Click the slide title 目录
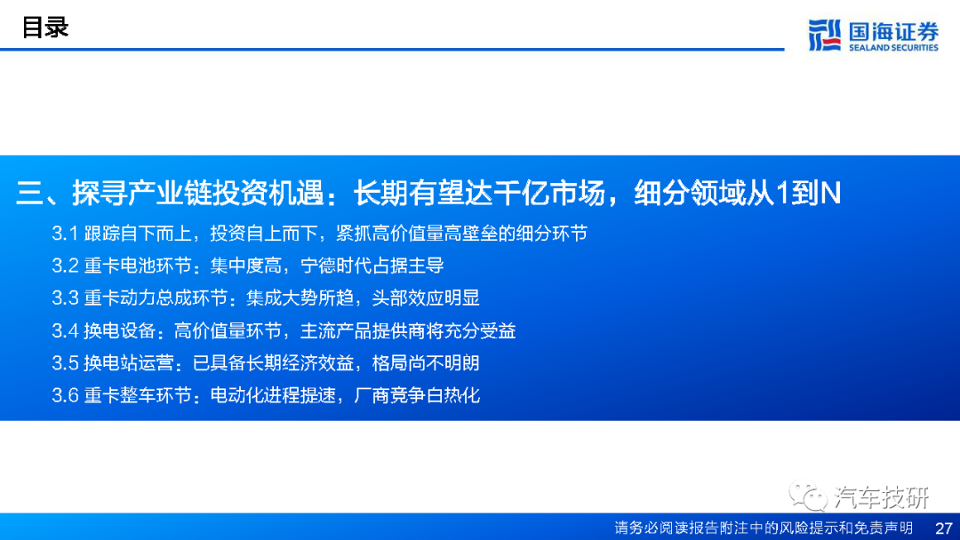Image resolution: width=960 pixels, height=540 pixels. [x=45, y=28]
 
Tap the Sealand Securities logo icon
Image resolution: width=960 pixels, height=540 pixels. [x=824, y=35]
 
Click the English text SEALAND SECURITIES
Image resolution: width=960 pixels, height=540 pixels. [x=893, y=48]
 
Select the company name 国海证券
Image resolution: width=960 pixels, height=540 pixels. [x=893, y=30]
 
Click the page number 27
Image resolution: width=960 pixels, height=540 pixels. [x=943, y=528]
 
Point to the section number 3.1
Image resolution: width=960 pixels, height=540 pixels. [x=65, y=233]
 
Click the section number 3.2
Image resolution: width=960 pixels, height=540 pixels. [x=65, y=266]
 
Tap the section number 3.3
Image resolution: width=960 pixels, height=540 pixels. [x=65, y=298]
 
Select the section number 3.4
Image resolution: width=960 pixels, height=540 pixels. [x=65, y=331]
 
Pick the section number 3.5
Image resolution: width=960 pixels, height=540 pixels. [x=65, y=363]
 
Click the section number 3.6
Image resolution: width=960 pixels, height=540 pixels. [x=65, y=395]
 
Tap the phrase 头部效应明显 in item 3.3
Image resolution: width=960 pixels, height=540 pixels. [x=426, y=298]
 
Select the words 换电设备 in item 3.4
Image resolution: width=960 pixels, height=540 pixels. [x=120, y=331]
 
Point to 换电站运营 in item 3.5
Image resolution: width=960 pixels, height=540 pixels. [x=129, y=363]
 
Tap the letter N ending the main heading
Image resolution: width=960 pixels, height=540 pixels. [x=830, y=193]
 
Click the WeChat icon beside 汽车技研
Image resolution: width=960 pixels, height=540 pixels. [x=807, y=496]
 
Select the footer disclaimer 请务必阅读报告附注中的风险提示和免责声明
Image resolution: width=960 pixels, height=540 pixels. [x=764, y=528]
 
